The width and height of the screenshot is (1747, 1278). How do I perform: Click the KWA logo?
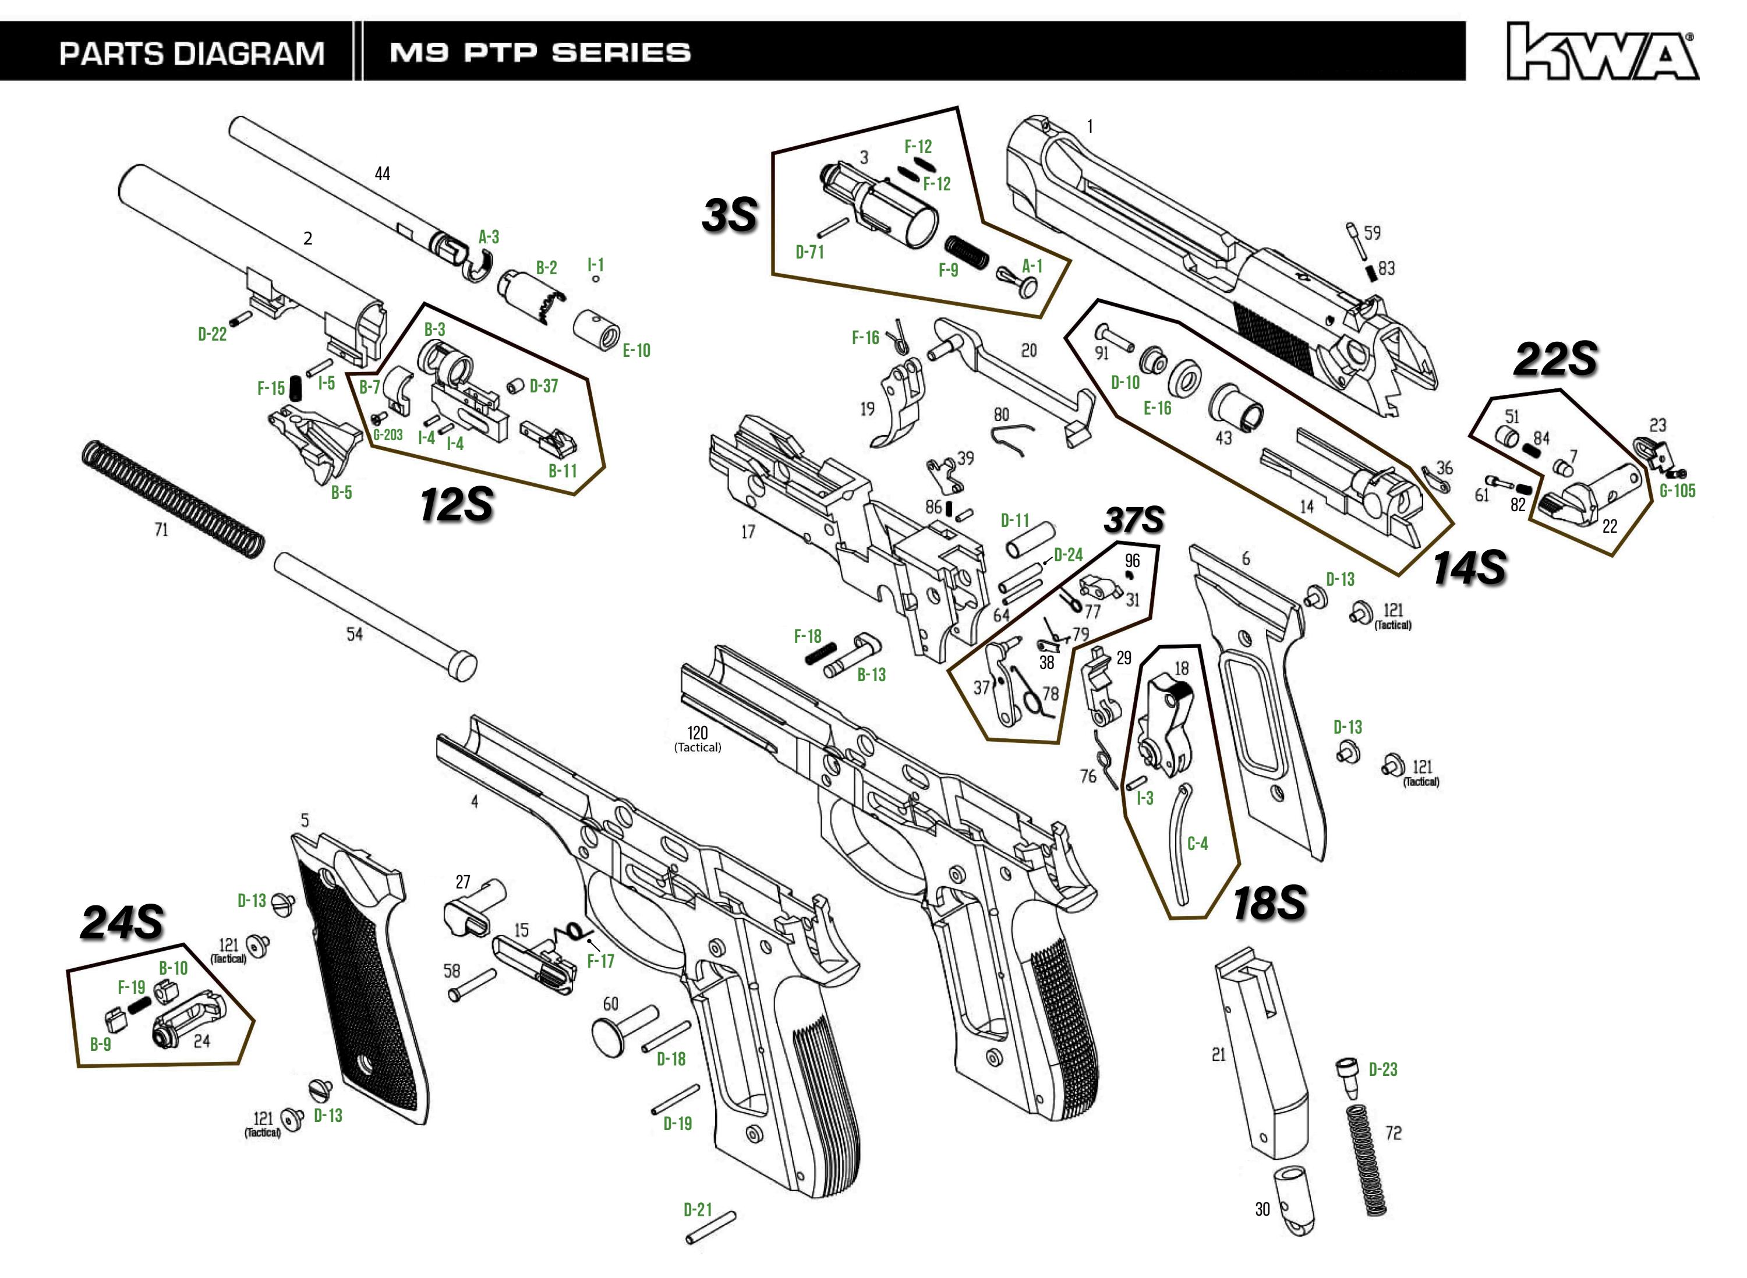(1601, 52)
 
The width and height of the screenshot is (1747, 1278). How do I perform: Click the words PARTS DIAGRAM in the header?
(192, 54)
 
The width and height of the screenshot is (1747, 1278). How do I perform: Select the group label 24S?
(122, 923)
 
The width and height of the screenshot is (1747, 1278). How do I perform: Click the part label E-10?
(636, 351)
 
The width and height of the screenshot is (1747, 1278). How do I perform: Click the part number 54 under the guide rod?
(355, 635)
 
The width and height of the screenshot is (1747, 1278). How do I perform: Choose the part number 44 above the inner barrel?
(382, 174)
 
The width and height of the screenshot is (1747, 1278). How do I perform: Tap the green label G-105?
(1677, 490)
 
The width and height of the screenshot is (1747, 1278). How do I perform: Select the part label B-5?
(341, 493)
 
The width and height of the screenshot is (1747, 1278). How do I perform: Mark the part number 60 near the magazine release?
(610, 1003)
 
